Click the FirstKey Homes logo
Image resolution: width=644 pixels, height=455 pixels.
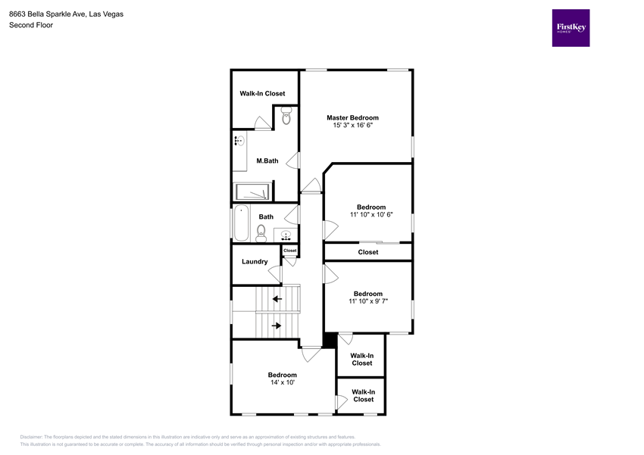tap(571, 28)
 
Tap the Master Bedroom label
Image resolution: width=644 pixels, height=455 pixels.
tap(352, 118)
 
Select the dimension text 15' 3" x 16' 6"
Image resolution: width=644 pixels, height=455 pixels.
tap(352, 125)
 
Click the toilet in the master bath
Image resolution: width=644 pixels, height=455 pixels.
tap(286, 115)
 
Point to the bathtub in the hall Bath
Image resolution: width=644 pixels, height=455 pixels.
tap(242, 223)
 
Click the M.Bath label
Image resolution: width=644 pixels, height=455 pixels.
tap(267, 160)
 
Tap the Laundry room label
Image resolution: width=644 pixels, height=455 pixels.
tap(255, 261)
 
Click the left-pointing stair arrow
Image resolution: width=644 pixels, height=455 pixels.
tap(277, 299)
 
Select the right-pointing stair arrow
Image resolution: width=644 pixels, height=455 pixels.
tap(277, 326)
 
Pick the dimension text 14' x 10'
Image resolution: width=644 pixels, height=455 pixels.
tap(283, 382)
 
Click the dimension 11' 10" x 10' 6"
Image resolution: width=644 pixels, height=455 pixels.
tap(371, 214)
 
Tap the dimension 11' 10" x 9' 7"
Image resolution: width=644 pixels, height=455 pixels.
tap(368, 301)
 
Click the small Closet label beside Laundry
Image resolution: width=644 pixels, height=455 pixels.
tap(289, 251)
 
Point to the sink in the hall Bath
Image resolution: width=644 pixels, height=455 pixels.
tap(286, 235)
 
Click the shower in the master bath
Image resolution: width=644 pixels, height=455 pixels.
tap(252, 192)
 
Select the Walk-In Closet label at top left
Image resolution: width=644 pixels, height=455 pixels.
tap(262, 94)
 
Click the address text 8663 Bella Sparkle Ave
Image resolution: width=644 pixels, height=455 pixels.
tap(48, 14)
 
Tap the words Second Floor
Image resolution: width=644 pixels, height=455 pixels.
tap(31, 25)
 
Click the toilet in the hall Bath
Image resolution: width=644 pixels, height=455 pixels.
tap(261, 234)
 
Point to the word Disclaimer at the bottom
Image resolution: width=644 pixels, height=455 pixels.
tap(31, 437)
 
